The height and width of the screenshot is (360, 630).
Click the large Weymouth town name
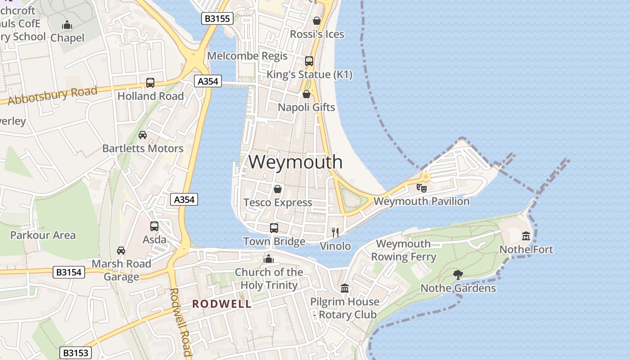click(x=295, y=162)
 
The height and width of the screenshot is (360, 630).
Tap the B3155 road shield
click(x=217, y=18)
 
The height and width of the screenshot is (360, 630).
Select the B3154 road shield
click(x=69, y=272)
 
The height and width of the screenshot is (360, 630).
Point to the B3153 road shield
click(x=76, y=353)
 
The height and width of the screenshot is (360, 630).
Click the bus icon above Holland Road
click(x=150, y=83)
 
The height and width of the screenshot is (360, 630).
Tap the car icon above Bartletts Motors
click(x=143, y=135)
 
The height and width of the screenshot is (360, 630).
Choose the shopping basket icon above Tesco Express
click(x=278, y=189)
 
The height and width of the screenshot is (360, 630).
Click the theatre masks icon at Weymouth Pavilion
click(x=422, y=188)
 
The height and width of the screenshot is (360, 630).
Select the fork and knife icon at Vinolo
click(x=335, y=232)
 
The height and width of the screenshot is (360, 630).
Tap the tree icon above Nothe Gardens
click(x=458, y=274)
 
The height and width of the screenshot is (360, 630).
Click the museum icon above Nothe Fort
click(x=526, y=236)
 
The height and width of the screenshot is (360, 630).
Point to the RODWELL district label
click(x=222, y=304)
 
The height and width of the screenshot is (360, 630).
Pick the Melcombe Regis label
click(x=247, y=56)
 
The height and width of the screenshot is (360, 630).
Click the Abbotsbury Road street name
click(x=53, y=96)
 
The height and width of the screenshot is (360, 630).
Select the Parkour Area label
click(x=43, y=235)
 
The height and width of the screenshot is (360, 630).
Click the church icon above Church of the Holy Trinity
click(x=269, y=259)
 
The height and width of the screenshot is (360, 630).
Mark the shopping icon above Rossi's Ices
click(x=317, y=21)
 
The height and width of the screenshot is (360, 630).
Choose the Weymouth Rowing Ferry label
click(x=403, y=250)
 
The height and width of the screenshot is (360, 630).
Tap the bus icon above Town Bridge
click(x=274, y=228)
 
